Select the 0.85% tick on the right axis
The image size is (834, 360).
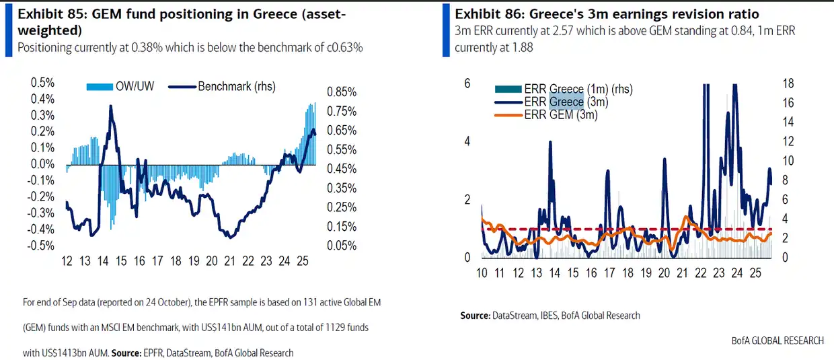[x=342, y=92]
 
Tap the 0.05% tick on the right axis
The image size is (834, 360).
[x=342, y=246]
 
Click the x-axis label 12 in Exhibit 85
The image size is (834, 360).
[x=67, y=261]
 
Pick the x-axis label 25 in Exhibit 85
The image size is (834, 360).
[x=303, y=261]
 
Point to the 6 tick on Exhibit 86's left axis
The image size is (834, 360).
[x=467, y=83]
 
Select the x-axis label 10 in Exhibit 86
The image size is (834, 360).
[x=482, y=274]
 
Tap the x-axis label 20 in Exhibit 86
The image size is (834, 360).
[x=664, y=274]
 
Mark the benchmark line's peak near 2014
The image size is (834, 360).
[x=110, y=106]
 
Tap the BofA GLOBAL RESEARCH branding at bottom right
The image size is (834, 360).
[x=778, y=340]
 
